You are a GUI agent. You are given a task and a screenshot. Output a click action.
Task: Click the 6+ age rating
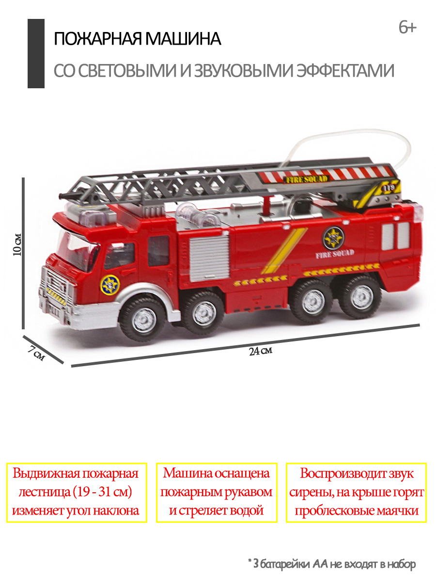pos(408,28)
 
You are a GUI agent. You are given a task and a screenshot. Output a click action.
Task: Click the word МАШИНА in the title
pos(183,39)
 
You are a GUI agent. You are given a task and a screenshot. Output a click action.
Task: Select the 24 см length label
pos(261,351)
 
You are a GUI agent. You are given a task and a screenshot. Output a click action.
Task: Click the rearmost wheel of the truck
pos(361,297)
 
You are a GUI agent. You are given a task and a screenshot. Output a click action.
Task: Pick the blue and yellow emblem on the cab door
pos(110,285)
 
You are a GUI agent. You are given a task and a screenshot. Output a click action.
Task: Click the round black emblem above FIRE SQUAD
pos(333,238)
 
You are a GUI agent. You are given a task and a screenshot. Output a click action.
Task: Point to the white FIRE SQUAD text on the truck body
pos(335,254)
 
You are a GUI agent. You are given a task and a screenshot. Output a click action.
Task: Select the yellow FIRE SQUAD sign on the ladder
pos(307,179)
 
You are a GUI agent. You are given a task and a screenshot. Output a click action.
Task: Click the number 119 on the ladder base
pos(389,188)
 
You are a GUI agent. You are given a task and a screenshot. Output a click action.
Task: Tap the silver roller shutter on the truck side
pos(209,258)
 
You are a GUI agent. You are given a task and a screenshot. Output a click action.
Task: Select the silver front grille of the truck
pos(55,289)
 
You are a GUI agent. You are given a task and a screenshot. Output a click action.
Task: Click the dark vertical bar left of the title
pos(36,53)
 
